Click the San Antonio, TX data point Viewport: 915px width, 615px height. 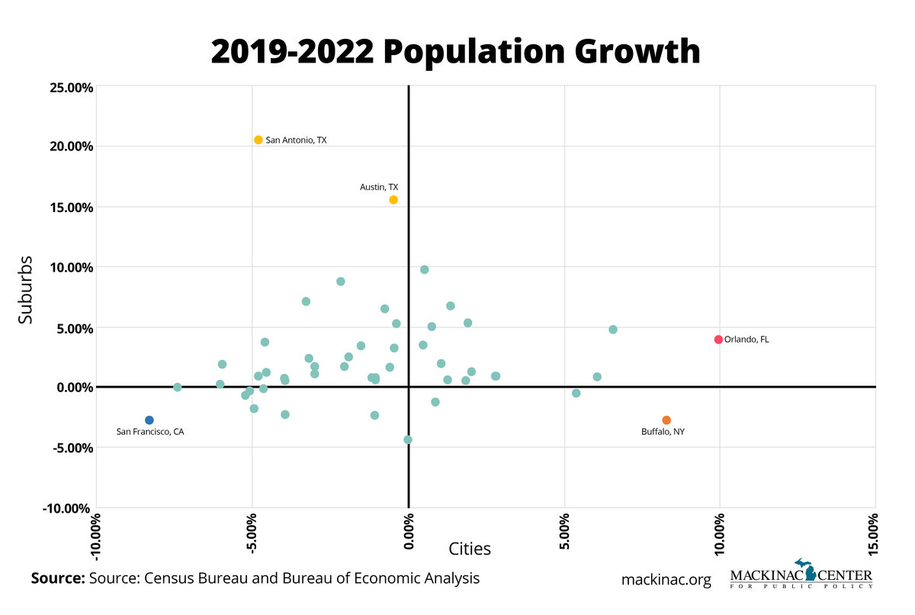(x=258, y=140)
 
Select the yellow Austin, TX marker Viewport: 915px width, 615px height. (x=393, y=200)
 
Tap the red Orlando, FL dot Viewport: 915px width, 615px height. (x=718, y=340)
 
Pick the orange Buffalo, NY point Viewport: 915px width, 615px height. (x=666, y=420)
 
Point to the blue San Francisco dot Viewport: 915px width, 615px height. (x=149, y=420)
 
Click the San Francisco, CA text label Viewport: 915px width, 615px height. (x=150, y=432)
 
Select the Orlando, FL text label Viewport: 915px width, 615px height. (x=746, y=340)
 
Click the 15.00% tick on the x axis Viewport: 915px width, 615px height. (x=875, y=532)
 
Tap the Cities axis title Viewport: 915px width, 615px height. (x=470, y=549)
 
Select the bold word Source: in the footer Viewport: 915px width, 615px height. (x=57, y=578)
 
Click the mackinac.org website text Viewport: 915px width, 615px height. (x=666, y=579)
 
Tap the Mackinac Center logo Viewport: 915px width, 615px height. (x=801, y=575)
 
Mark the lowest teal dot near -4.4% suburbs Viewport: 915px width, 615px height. (x=408, y=440)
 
